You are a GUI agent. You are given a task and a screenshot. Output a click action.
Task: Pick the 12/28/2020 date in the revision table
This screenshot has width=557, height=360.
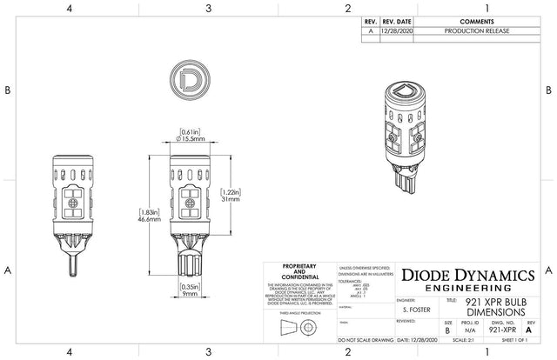click(x=397, y=30)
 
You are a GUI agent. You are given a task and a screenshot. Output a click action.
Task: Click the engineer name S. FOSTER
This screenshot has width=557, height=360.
click(x=418, y=308)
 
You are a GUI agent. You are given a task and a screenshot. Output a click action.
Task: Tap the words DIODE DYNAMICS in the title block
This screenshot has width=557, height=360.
click(x=475, y=274)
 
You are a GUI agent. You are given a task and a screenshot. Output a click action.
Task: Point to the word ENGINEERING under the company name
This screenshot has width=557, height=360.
click(x=475, y=288)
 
